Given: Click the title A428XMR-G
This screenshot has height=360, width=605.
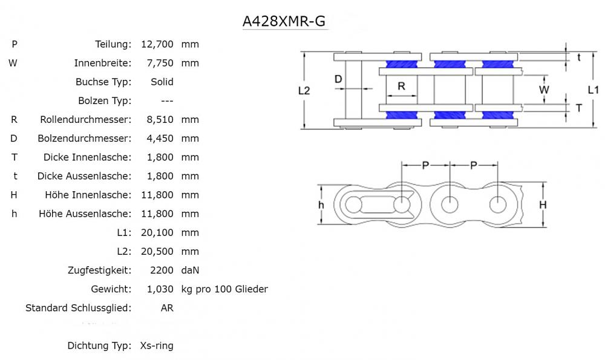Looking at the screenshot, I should [284, 21].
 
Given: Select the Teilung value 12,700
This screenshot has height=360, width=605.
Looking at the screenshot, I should [157, 44].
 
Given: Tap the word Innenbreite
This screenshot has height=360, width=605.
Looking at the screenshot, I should [102, 63].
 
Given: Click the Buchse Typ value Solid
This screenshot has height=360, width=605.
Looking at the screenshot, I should [162, 82].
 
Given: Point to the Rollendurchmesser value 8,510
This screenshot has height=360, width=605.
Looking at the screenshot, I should [160, 120].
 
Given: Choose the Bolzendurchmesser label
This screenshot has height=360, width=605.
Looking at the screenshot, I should [84, 139].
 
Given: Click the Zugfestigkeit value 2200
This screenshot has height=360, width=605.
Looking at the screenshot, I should [162, 270].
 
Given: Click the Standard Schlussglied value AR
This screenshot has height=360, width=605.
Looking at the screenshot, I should [167, 308].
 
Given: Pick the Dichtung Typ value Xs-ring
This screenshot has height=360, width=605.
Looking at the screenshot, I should [156, 346].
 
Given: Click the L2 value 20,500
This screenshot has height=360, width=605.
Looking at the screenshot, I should [160, 252].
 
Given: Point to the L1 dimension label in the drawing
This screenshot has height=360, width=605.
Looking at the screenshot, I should [594, 90].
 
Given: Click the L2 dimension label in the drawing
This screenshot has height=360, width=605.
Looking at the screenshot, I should [304, 91].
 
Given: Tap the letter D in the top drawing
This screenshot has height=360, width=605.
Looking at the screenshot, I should [338, 79].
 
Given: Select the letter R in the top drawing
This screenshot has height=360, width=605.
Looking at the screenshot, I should [401, 86].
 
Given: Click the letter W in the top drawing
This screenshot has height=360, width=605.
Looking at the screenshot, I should [544, 90].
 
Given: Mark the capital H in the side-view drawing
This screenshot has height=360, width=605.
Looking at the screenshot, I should [543, 205].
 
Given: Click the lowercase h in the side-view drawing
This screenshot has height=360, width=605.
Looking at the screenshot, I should [321, 205].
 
